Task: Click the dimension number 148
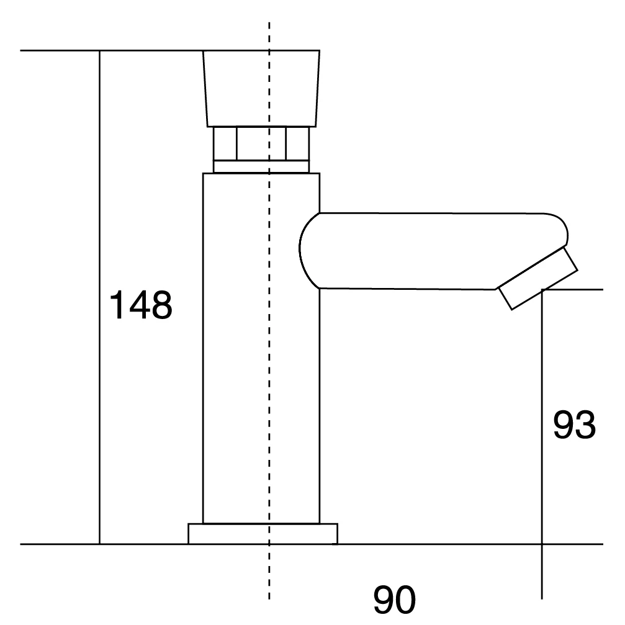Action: pos(140,304)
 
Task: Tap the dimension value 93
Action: pos(574,425)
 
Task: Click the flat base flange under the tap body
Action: pos(263,534)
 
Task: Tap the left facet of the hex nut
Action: pos(225,143)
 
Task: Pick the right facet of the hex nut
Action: pos(297,143)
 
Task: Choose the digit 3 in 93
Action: pos(585,425)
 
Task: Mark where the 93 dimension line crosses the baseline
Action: pos(542,544)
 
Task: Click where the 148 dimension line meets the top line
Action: pos(100,51)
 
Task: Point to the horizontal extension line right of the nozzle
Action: pos(580,289)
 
